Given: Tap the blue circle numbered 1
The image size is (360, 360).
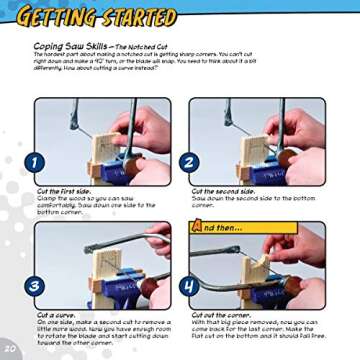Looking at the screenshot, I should tap(35, 162).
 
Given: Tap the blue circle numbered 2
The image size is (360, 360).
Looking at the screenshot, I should tap(189, 162).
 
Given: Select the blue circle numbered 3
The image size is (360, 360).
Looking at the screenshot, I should tap(35, 285).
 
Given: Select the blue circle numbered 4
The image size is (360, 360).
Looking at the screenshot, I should tap(189, 285).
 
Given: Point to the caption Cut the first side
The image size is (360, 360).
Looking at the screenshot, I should tap(63, 191).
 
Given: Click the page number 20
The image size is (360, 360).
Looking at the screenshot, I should tap(11, 348).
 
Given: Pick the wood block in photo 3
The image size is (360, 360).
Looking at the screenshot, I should tap(110, 275).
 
